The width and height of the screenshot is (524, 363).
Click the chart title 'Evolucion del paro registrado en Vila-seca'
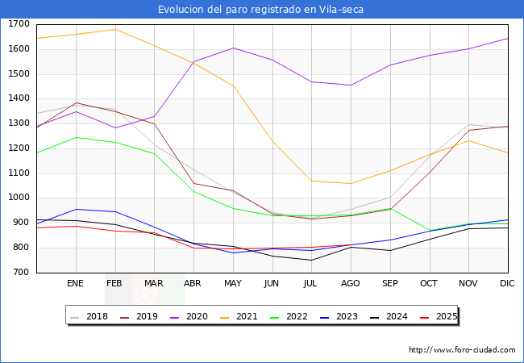261,10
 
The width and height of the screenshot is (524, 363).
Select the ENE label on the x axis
75,283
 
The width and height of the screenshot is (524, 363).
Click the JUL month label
311,283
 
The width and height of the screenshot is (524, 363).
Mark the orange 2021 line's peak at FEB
115,30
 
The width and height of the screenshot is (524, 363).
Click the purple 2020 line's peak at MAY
233,48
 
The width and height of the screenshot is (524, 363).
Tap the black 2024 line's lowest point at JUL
311,260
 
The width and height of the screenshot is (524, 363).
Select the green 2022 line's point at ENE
76,137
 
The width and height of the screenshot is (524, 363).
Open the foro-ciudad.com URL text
462,350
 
